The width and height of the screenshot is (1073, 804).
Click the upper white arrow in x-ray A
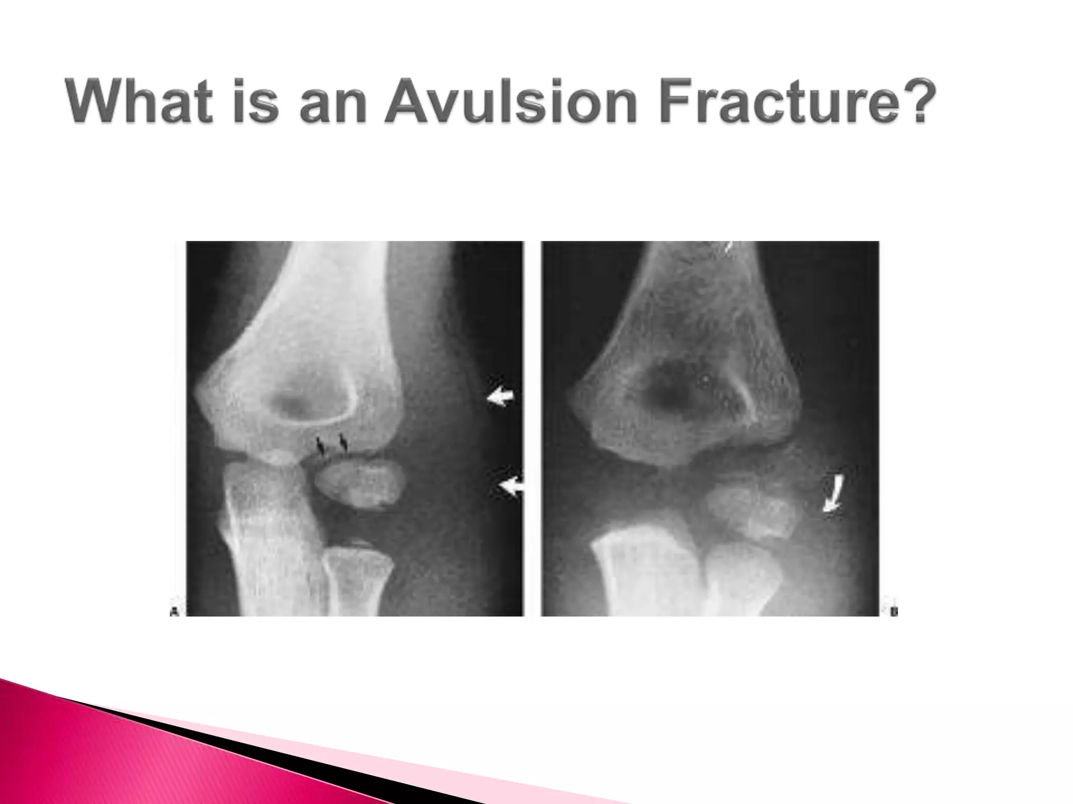tap(500, 398)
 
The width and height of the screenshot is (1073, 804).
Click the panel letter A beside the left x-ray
tap(174, 611)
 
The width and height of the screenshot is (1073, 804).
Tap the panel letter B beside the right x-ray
tap(893, 611)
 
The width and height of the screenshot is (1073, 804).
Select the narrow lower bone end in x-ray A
tap(357, 581)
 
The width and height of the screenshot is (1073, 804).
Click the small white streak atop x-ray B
tap(727, 248)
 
